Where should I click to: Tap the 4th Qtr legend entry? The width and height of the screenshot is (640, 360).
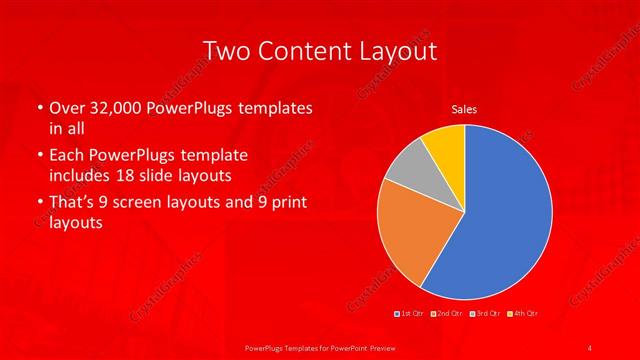tap(523, 314)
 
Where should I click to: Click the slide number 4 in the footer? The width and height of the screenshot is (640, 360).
tap(590, 347)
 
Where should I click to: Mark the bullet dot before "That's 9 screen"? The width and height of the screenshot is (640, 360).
tap(38, 204)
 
